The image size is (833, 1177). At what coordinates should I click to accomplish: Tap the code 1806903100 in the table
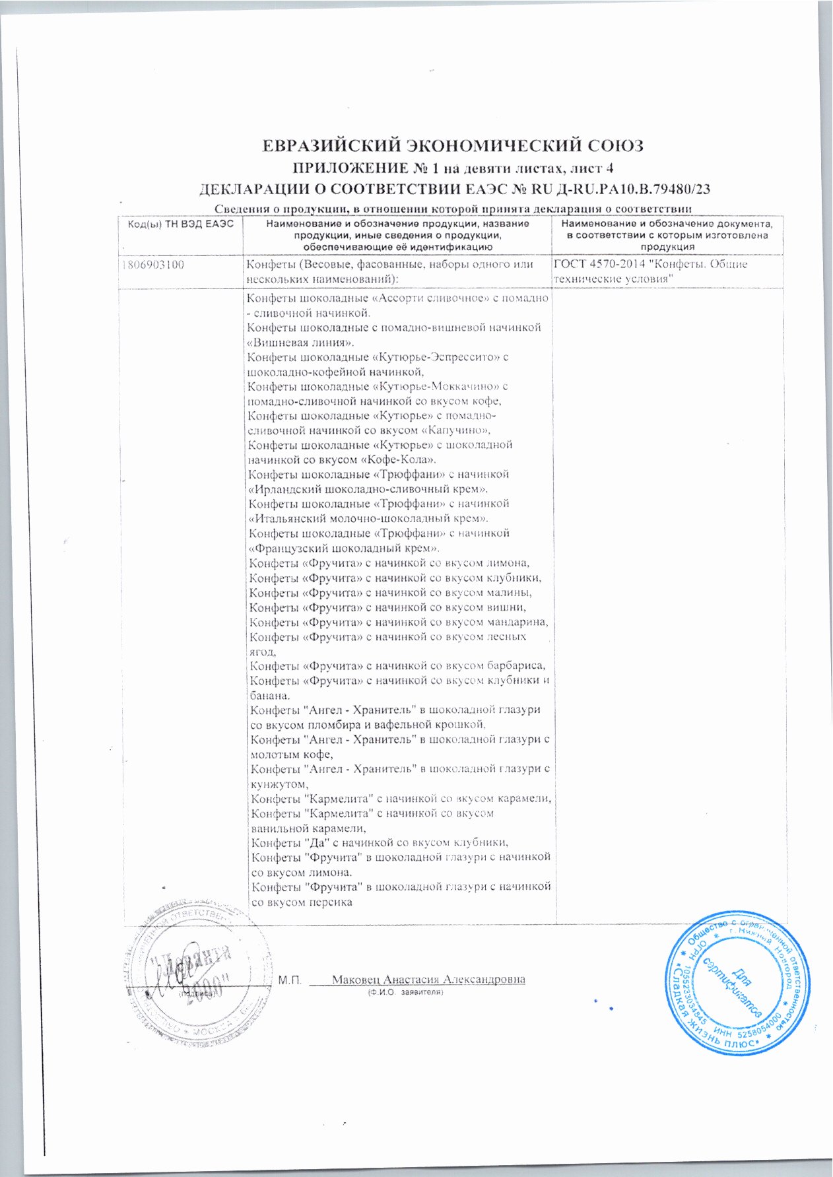(x=153, y=265)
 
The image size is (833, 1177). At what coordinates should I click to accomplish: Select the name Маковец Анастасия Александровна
(x=428, y=979)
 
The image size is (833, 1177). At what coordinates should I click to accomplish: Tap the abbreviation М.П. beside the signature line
(x=290, y=980)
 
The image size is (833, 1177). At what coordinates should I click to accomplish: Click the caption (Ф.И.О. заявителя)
(x=404, y=992)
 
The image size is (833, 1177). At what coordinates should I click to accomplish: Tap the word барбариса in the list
(x=519, y=665)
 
